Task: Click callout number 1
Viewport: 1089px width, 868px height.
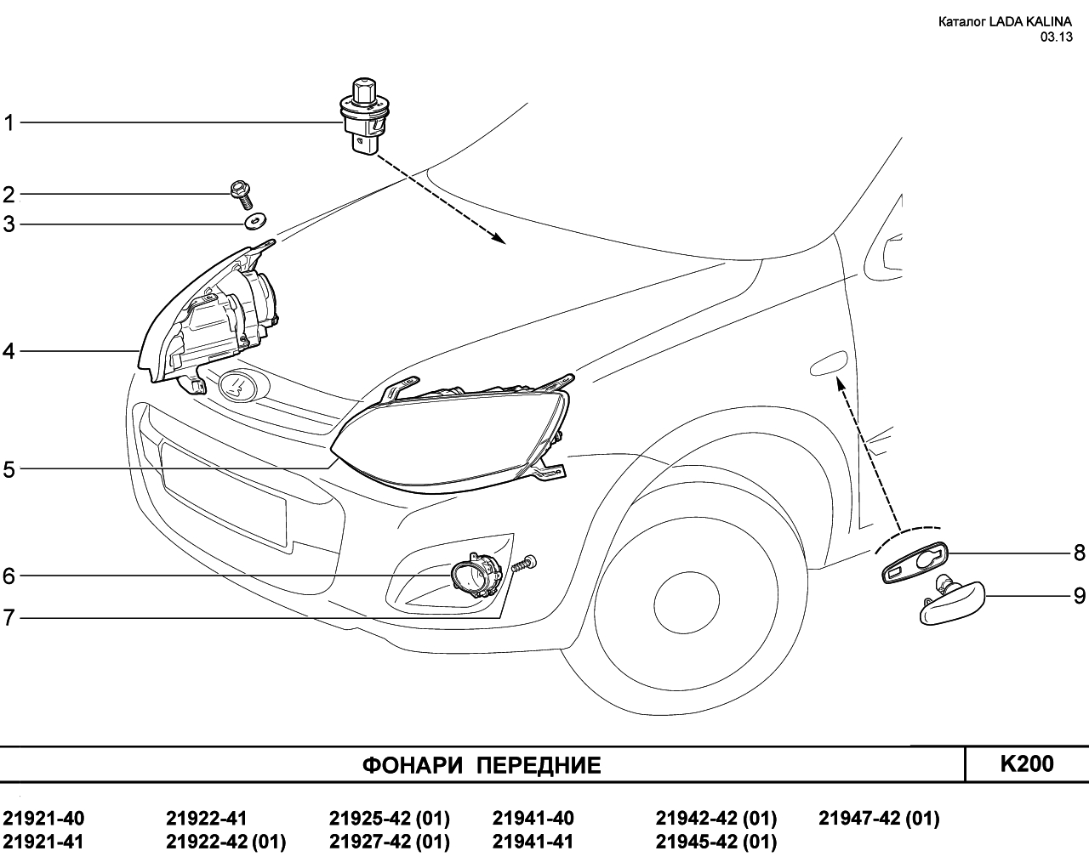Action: coord(9,123)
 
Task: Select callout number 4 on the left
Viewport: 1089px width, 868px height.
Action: coord(9,350)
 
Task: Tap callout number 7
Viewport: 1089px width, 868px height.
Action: coord(9,618)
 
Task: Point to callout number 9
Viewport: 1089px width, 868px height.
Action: coord(1079,596)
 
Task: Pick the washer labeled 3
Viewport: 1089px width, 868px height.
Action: coord(254,222)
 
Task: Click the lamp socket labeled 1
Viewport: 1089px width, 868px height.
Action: coord(362,119)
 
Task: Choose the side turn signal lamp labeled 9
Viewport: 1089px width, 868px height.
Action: coord(953,602)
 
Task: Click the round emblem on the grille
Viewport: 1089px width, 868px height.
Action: coord(239,386)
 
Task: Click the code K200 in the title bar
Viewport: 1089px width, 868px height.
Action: coord(1026,764)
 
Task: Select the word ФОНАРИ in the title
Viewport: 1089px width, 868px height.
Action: coord(413,766)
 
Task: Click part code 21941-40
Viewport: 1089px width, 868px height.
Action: coord(533,819)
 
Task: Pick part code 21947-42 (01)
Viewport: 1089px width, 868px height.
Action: coord(879,819)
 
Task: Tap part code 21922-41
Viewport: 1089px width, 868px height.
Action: coord(206,819)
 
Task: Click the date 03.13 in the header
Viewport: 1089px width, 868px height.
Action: coord(1056,37)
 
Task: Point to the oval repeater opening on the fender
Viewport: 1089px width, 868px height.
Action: coord(828,364)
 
